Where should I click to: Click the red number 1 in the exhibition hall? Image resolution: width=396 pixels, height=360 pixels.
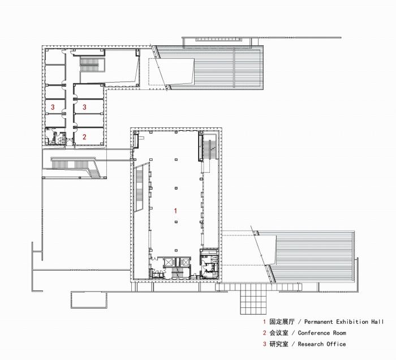coord(175,211)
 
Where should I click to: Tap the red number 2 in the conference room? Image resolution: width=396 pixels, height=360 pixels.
coord(84,136)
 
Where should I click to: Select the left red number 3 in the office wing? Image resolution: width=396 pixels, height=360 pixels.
coord(53,106)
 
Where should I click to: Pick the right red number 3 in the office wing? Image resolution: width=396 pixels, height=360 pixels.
coord(84,106)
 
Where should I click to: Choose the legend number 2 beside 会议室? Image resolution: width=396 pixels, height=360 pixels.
coord(264,333)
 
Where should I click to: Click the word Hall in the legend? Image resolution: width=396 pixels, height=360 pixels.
coord(377,322)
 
